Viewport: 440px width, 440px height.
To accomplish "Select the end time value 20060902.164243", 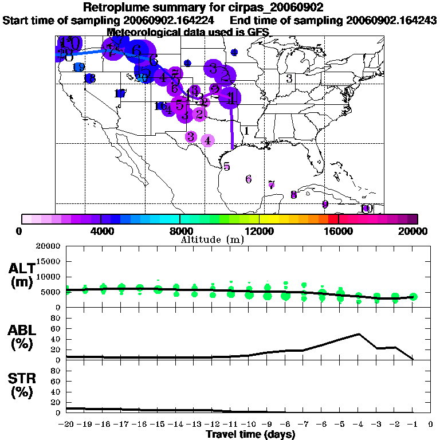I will [x=392, y=20].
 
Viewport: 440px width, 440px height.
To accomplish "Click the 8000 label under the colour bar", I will [x=180, y=231].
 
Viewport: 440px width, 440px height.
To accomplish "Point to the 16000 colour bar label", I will [x=339, y=231].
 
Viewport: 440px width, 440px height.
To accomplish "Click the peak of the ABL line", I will [x=359, y=333].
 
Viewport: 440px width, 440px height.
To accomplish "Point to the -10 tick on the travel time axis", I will [x=249, y=425].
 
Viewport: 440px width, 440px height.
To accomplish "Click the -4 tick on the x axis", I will [x=359, y=425].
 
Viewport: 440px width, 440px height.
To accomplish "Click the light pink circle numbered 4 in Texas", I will [x=207, y=140].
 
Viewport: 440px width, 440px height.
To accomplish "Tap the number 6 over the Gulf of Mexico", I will [x=248, y=179].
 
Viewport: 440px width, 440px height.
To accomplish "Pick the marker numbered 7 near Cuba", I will [x=272, y=184].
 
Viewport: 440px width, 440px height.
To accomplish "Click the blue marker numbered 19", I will [x=79, y=67].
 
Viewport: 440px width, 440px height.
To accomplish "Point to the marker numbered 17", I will [x=120, y=93].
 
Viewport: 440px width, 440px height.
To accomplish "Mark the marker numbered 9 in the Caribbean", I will [x=325, y=205].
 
